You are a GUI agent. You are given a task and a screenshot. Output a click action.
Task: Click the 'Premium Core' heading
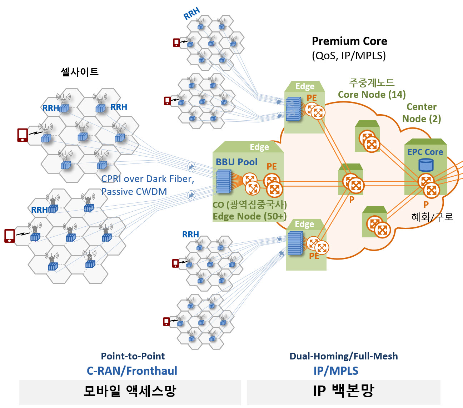349,41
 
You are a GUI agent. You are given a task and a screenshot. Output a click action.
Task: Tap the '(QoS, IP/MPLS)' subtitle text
349,56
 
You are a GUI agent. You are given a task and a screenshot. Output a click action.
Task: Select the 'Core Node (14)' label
372,95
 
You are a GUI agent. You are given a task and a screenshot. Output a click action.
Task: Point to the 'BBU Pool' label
237,162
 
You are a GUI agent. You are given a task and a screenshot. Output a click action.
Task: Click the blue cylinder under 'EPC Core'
426,165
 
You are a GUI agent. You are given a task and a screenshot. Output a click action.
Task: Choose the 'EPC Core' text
425,152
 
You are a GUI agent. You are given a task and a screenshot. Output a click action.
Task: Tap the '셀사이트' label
80,72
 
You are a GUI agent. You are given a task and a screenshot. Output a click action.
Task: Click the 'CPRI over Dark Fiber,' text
148,179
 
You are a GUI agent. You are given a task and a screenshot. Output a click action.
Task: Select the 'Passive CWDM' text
134,192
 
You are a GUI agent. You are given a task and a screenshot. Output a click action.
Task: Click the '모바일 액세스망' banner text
130,391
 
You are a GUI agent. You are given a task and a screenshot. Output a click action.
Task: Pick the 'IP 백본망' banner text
343,391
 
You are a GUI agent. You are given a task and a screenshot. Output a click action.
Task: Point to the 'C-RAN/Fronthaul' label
132,371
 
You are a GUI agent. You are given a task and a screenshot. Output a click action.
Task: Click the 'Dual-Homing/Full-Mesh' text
343,356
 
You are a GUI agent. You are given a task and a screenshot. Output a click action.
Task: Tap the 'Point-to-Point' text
133,356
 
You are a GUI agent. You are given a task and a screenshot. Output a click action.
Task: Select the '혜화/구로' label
432,217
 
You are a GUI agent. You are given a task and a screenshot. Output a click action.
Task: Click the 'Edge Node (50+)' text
250,216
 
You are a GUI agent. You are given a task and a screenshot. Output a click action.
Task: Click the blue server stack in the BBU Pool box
224,181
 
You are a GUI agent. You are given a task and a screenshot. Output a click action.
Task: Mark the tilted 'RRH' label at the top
192,13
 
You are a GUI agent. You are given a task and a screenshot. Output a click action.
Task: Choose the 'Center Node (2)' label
422,113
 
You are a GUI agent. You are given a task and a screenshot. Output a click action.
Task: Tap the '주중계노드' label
372,83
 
